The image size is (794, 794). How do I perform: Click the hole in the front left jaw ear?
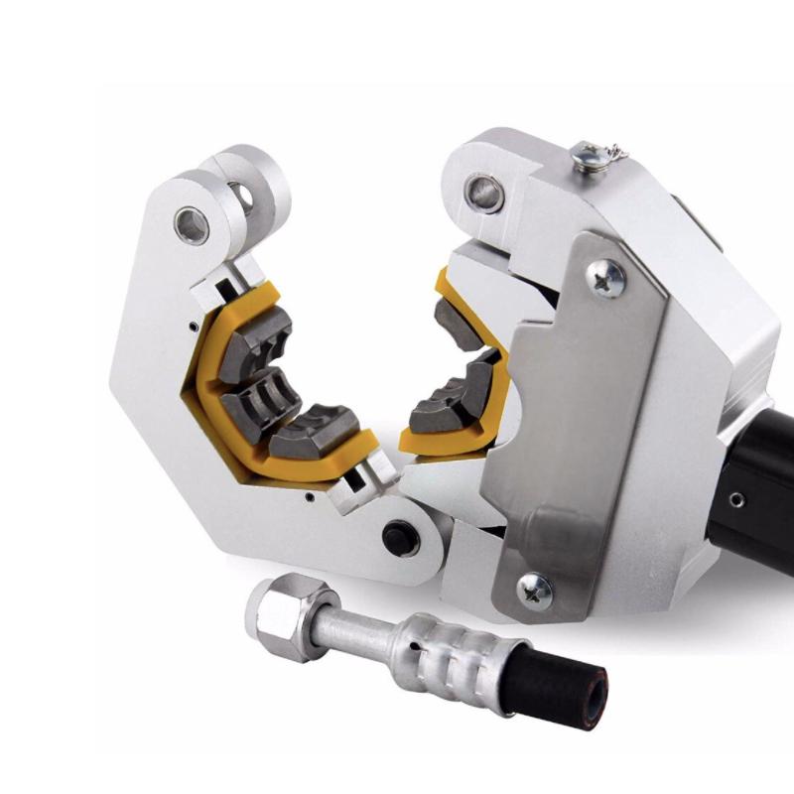pyautogui.click(x=192, y=225)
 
